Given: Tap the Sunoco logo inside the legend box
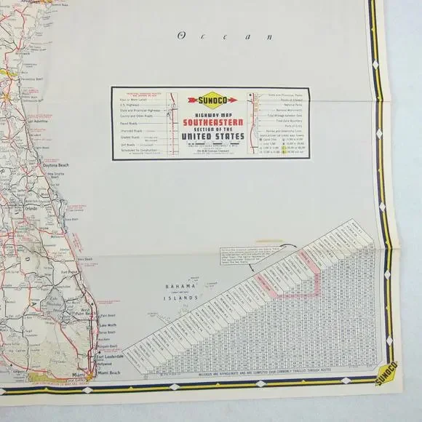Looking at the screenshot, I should [x=208, y=99].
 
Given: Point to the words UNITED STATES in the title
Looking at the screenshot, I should [x=208, y=136].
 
